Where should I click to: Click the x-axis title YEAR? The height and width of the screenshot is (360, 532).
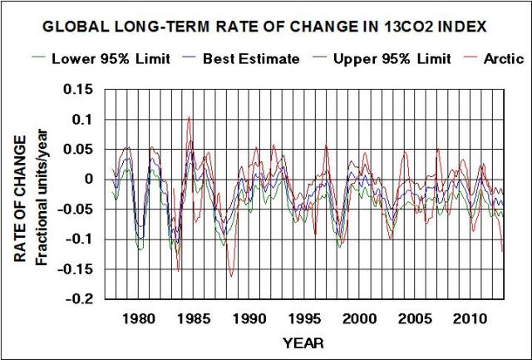click(x=303, y=343)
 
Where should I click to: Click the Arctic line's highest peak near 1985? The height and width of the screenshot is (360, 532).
click(x=189, y=117)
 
